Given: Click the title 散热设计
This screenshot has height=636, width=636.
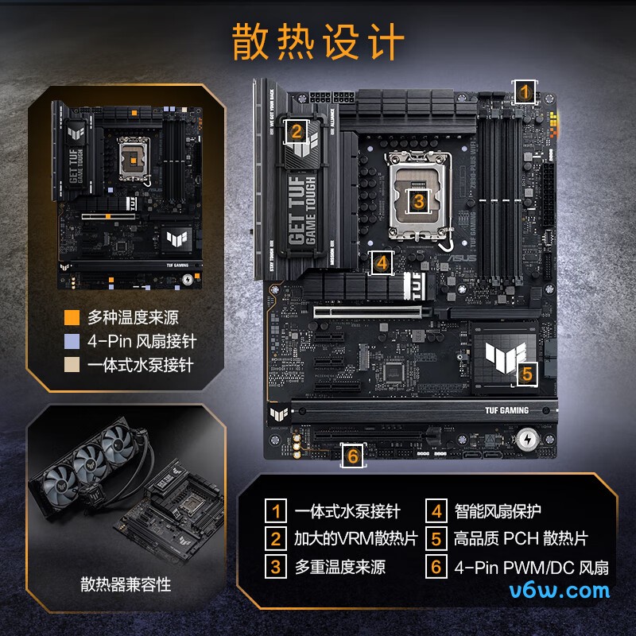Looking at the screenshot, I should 318,41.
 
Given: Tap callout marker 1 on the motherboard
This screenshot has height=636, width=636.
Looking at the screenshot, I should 523,91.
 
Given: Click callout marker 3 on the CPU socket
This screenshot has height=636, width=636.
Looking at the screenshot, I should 419,200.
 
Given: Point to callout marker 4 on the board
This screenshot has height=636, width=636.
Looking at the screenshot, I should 382,262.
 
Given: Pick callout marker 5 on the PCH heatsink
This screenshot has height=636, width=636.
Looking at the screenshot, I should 528,374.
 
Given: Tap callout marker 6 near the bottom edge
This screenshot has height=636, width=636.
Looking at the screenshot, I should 353,456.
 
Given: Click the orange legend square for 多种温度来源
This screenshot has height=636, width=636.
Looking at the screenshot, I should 72,318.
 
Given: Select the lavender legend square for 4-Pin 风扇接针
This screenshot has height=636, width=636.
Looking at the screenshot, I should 72,342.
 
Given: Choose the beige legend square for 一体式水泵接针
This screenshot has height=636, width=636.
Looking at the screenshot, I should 72,366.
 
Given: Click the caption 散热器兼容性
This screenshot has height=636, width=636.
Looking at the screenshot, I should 126,585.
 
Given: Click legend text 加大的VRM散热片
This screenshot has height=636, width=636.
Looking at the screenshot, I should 355,538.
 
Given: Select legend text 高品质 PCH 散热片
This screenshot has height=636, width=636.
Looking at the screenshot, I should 521,538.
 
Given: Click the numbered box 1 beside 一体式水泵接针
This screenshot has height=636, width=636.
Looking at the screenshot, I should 276,510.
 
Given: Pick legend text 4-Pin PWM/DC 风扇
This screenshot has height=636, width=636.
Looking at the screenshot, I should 531,567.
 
